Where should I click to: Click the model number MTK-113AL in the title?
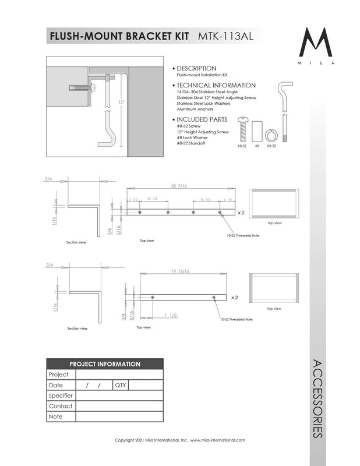point(224,36)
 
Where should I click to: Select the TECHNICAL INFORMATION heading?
point(215,85)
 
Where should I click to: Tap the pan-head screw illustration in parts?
point(242,130)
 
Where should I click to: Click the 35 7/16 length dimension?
point(180,186)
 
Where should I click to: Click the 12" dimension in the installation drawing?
point(121,101)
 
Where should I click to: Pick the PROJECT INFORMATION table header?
point(105,364)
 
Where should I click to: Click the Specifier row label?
point(61,396)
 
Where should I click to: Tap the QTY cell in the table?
point(120,385)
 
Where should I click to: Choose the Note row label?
point(56,416)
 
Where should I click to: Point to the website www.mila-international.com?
point(217,440)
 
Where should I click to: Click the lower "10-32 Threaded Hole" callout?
point(237,319)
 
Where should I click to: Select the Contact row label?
point(61,406)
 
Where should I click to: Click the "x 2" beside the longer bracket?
point(241,213)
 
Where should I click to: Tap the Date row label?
point(56,385)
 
